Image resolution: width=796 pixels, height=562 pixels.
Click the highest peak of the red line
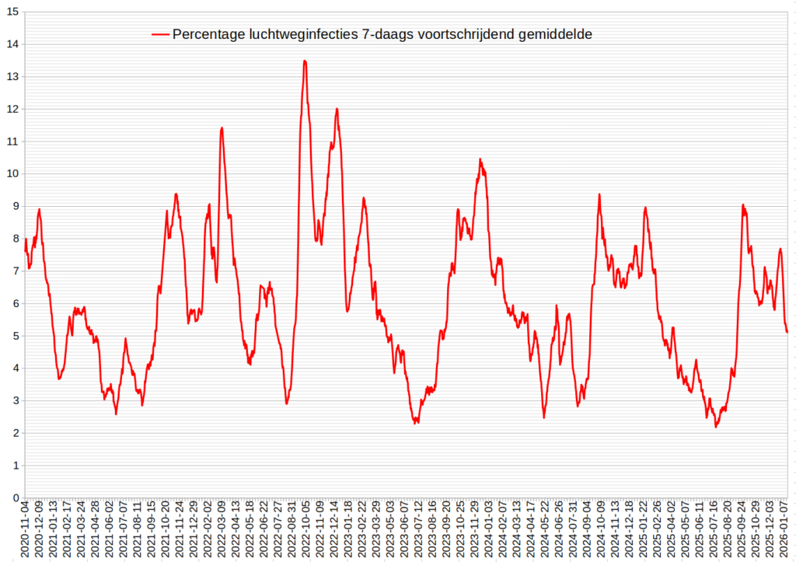pos(305,61)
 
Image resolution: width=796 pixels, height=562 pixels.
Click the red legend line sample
pos(160,34)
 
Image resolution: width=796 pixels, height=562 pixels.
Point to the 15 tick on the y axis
pos(13,12)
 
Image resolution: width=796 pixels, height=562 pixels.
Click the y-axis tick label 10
pos(13,173)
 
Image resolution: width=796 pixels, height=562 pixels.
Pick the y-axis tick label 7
pos(16,271)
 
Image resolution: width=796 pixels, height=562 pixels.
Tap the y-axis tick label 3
pos(16,400)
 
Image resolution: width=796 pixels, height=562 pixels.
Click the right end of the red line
pos(787,332)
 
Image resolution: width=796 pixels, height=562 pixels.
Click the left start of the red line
pos(25,239)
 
